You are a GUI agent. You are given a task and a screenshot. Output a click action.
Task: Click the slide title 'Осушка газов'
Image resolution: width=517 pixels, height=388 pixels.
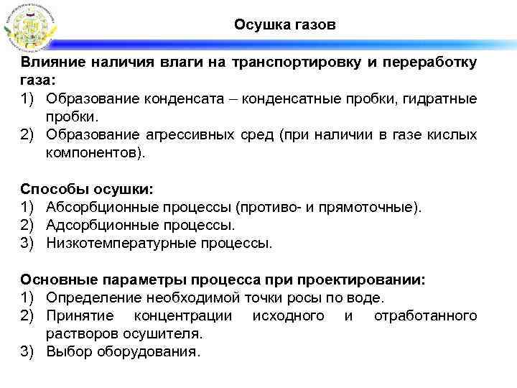point(284,25)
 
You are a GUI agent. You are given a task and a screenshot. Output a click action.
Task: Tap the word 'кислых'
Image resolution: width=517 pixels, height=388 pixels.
point(455,134)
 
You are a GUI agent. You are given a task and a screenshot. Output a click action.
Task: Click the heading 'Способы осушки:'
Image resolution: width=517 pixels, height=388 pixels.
point(87,189)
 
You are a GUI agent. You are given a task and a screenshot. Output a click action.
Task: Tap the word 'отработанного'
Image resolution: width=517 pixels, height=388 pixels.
point(425,315)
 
